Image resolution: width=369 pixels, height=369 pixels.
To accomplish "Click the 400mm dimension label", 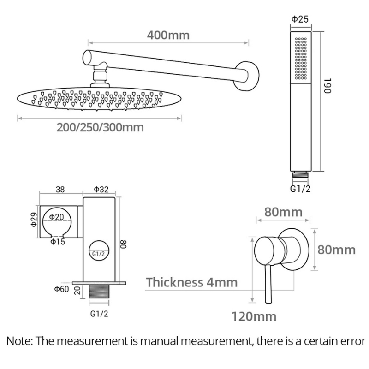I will [168, 35].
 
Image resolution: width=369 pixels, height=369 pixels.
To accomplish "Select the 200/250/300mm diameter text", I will [100, 127].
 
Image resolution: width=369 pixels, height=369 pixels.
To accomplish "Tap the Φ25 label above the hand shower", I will [300, 19].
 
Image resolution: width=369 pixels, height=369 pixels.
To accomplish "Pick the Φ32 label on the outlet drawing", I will [101, 189].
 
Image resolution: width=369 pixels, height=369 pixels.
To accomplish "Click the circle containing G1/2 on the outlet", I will [99, 253].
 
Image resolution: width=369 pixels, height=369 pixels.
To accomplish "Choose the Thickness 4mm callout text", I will [192, 282].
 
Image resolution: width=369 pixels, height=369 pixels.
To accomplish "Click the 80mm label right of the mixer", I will [337, 250].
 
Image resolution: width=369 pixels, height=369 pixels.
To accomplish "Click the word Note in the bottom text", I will [19, 341].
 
